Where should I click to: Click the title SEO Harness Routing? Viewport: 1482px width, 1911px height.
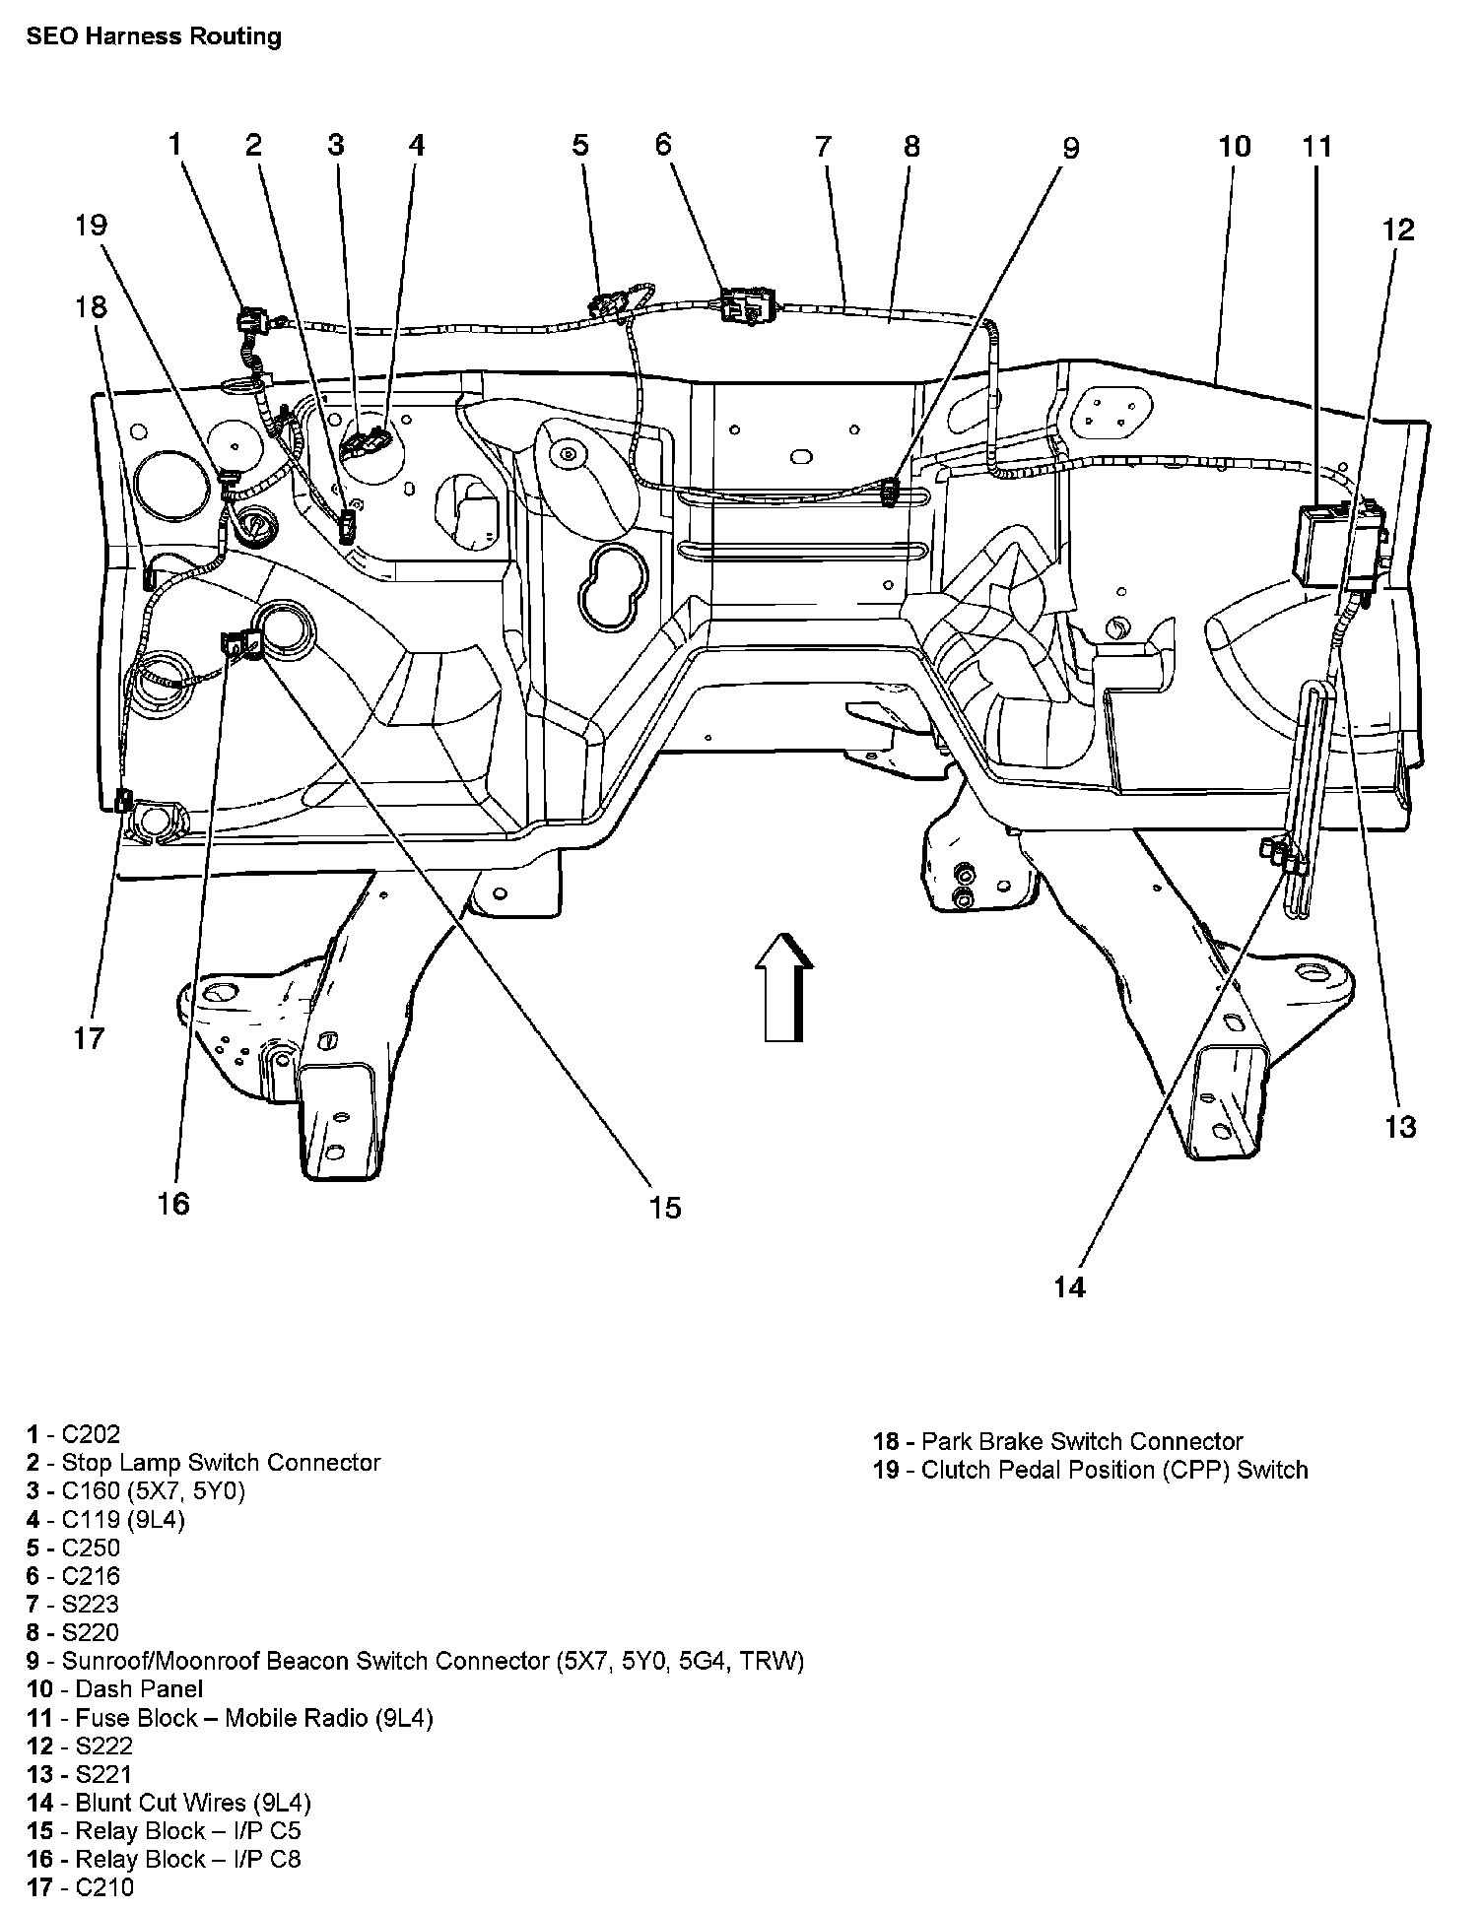point(154,37)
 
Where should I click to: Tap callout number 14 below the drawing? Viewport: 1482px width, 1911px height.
point(1069,1286)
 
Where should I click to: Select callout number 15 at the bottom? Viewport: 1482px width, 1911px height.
point(665,1208)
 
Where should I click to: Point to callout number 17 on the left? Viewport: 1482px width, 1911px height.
point(89,1038)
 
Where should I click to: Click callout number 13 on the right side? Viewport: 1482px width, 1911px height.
point(1400,1126)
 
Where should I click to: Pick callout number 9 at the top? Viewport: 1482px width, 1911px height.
point(1070,148)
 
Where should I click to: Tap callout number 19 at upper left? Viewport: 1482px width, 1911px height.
point(90,226)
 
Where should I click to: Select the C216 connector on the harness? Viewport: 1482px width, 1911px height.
point(747,304)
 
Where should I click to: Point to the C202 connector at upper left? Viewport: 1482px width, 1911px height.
point(251,319)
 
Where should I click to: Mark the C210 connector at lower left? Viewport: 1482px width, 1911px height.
point(124,800)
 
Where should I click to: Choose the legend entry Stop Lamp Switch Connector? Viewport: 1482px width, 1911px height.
point(204,1463)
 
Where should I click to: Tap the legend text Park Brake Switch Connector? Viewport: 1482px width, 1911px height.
point(1058,1442)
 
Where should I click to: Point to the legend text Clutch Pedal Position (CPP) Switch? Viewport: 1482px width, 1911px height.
point(1091,1471)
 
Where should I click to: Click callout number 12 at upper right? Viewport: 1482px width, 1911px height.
point(1398,231)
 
